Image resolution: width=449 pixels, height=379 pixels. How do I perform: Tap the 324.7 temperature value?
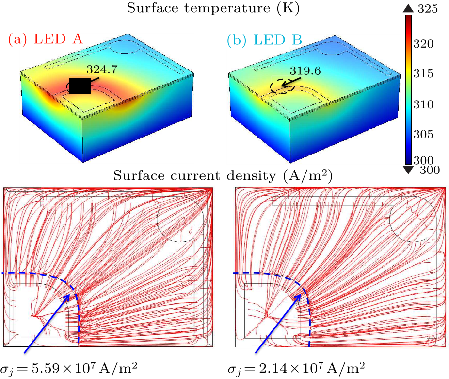tap(101, 69)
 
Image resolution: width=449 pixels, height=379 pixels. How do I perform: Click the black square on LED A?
tap(80, 86)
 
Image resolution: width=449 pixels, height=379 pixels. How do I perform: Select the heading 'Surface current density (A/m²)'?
tap(223, 176)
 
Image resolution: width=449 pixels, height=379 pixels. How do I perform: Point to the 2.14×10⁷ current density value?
tap(296, 366)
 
